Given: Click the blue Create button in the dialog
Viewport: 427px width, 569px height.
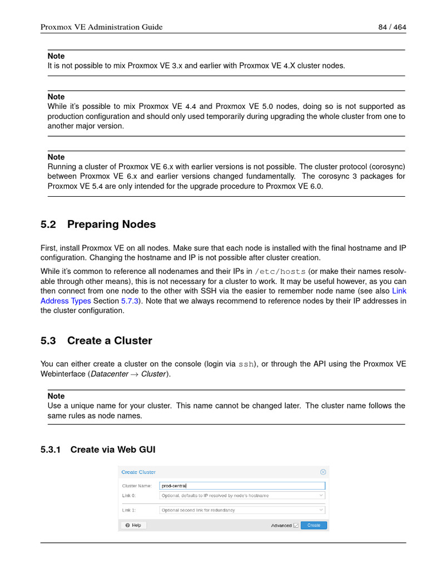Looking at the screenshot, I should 314,525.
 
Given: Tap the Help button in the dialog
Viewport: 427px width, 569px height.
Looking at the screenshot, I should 133,525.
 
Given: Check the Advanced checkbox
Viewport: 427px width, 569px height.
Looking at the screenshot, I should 296,525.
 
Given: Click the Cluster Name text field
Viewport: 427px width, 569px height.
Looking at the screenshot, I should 242,486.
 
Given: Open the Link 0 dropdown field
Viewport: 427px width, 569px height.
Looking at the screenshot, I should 242,495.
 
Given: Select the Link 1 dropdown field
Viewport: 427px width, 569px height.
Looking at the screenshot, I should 242,510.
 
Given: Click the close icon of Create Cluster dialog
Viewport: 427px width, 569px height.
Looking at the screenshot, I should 323,472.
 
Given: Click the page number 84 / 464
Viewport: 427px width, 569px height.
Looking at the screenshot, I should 391,27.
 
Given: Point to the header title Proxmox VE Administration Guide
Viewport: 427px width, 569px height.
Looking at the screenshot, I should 102,27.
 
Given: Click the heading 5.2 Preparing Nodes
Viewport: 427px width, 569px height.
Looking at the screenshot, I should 98,224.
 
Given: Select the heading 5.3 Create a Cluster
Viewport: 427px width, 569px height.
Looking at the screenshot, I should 96,341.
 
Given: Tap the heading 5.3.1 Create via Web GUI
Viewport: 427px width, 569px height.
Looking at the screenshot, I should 98,450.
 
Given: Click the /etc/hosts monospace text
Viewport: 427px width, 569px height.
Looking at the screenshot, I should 280,272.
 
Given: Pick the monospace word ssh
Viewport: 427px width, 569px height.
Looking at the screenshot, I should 247,365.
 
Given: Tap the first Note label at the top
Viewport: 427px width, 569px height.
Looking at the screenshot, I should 56,56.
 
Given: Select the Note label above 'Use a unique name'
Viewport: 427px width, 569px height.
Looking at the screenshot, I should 56,396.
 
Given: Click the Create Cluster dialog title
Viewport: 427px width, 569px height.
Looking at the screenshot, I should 138,472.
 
